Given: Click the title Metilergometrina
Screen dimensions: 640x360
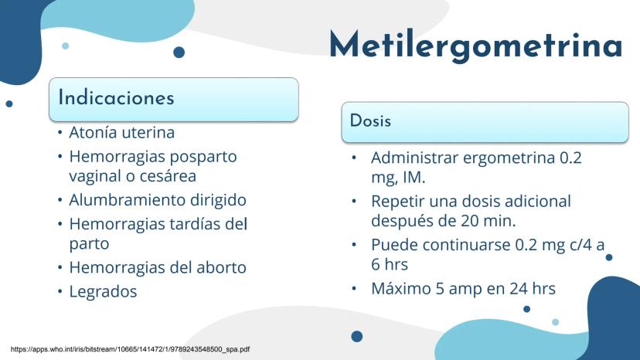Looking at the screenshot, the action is (476, 46).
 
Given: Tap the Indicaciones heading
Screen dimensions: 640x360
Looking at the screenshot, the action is (116, 97).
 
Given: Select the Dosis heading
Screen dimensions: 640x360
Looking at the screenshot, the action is (370, 121).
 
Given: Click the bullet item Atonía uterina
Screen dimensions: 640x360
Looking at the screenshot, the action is (121, 132).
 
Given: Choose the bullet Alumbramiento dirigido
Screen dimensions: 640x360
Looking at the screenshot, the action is (158, 200).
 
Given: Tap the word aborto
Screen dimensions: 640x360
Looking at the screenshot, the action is (221, 267).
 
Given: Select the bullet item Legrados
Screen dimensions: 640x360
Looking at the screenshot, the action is (103, 291).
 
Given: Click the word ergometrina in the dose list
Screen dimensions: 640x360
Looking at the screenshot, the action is (509, 158).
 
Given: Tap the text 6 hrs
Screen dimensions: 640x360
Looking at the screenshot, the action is (390, 264).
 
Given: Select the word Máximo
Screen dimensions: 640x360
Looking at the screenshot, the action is (401, 289).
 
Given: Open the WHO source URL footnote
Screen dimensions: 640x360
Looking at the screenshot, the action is (130, 349).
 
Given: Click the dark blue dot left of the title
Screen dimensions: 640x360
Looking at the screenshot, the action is (179, 53).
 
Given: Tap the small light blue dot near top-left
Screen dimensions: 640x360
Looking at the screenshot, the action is (65, 46).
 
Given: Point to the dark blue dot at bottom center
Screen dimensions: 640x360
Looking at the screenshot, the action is (357, 336).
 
